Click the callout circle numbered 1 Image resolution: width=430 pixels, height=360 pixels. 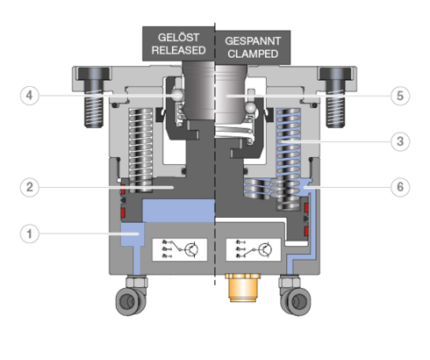pyautogui.click(x=29, y=234)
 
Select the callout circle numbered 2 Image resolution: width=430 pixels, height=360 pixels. pyautogui.click(x=29, y=187)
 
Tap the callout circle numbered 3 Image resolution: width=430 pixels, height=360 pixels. pyautogui.click(x=400, y=141)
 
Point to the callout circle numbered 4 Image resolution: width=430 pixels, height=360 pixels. pyautogui.click(x=29, y=96)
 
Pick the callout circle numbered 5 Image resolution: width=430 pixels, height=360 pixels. pyautogui.click(x=400, y=96)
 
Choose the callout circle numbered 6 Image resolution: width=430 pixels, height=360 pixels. pyautogui.click(x=400, y=187)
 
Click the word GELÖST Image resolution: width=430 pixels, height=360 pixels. pyautogui.click(x=178, y=37)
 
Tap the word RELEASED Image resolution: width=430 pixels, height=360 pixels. pyautogui.click(x=178, y=50)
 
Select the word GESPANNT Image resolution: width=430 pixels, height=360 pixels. pyautogui.click(x=253, y=41)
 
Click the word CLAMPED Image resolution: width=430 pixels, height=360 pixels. pyautogui.click(x=253, y=54)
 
